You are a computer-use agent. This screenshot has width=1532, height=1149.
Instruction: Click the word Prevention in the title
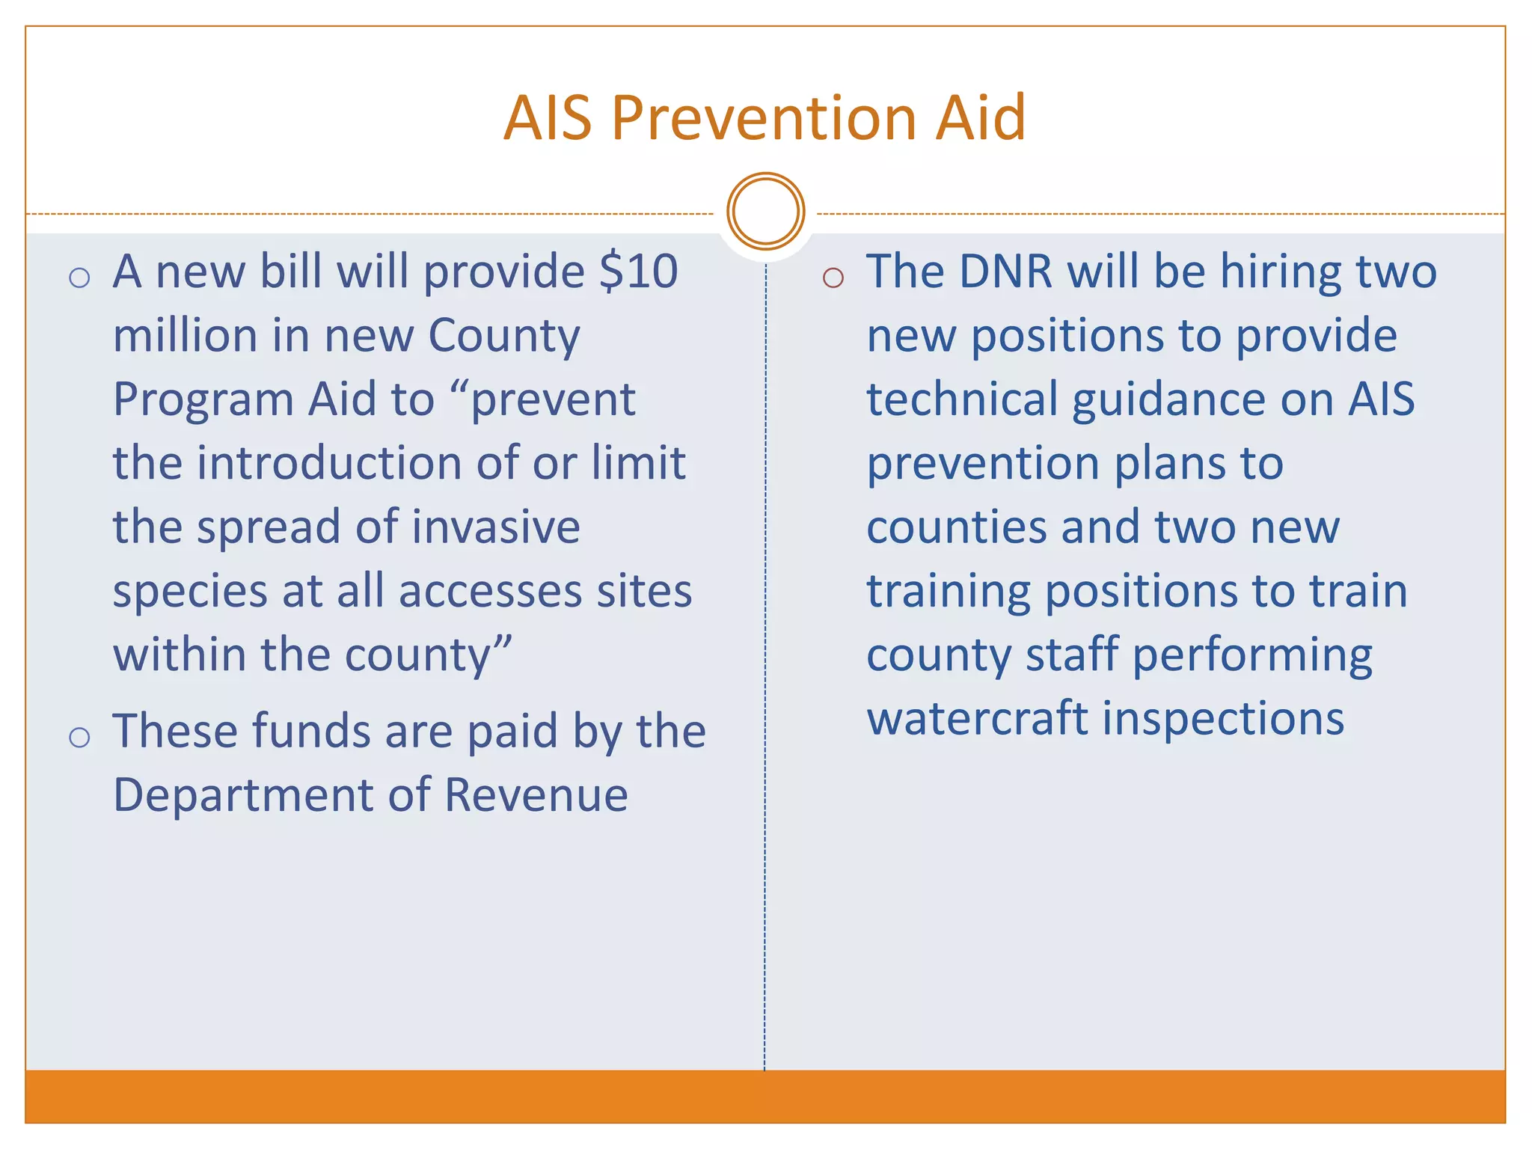coord(765,117)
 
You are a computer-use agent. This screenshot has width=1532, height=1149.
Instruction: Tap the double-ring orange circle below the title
coord(765,211)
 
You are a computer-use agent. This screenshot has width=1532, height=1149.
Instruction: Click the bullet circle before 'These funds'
coord(79,738)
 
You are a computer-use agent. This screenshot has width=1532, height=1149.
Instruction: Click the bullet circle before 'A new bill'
coord(79,278)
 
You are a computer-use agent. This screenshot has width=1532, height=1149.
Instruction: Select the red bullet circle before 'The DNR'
coord(833,278)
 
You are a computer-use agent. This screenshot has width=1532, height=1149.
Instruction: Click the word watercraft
coord(977,719)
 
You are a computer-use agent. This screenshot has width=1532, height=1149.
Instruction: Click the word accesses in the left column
coord(489,592)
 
